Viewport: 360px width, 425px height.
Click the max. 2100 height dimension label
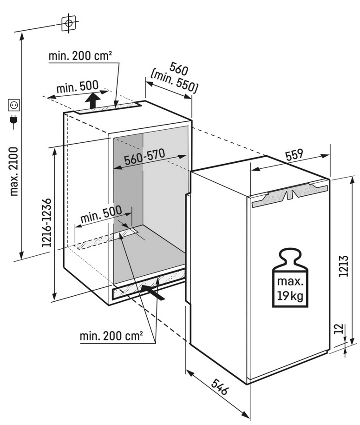click(13, 172)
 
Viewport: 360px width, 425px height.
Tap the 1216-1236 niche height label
click(46, 223)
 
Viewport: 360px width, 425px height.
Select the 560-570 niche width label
click(144, 157)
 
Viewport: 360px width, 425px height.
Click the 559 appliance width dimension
click(294, 155)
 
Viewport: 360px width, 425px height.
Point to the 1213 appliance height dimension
click(343, 266)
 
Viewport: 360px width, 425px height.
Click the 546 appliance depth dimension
click(220, 387)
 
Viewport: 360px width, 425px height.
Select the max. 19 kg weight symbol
click(290, 278)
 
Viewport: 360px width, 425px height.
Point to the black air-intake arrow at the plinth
click(152, 292)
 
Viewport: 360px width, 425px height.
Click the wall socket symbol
click(14, 105)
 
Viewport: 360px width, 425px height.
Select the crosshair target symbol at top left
click(69, 23)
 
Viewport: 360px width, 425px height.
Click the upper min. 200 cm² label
click(80, 56)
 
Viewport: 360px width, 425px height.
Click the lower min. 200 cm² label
click(111, 336)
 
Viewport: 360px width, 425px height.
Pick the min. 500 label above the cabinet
click(78, 87)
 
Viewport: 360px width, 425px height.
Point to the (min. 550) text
click(173, 81)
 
